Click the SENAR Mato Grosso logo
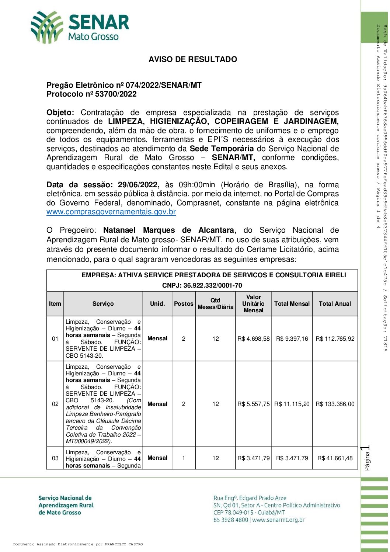[x=80, y=27]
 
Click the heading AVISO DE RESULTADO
[x=193, y=59]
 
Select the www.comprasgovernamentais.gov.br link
[x=111, y=212]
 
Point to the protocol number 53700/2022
[x=115, y=94]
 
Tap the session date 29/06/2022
[x=138, y=185]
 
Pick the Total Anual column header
[x=335, y=304]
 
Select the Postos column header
[x=184, y=304]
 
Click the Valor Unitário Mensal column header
[x=253, y=304]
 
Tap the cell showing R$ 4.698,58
[x=254, y=339]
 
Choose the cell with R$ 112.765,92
[x=335, y=339]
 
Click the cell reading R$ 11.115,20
[x=292, y=404]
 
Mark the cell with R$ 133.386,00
[x=335, y=404]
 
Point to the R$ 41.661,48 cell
[x=335, y=458]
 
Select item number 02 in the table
[x=55, y=404]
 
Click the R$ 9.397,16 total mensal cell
[x=292, y=339]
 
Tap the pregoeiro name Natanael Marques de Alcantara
[x=168, y=230]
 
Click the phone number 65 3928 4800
[x=231, y=520]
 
